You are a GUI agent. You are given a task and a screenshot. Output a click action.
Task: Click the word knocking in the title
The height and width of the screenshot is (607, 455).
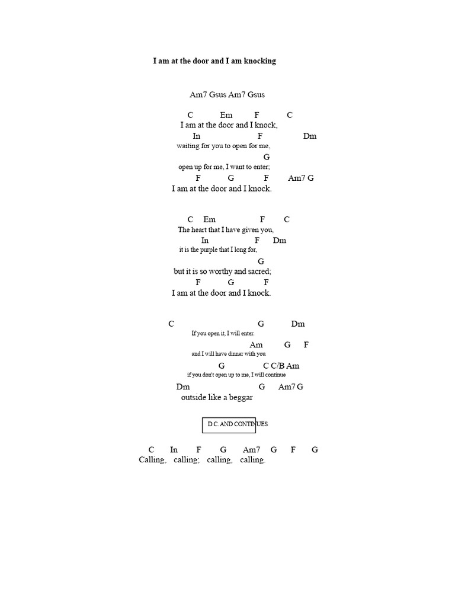(260, 61)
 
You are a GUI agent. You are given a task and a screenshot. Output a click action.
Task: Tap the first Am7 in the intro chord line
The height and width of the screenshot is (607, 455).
(198, 94)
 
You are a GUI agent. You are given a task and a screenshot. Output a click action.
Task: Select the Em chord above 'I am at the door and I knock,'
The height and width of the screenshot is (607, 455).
(226, 115)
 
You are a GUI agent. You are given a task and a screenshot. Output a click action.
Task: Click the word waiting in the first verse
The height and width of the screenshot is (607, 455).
(188, 146)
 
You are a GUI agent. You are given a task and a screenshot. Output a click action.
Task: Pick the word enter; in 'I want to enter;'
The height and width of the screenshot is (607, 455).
(261, 167)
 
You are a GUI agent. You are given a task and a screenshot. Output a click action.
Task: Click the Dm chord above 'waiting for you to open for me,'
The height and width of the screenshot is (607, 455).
(310, 136)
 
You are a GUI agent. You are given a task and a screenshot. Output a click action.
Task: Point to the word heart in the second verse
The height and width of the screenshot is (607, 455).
(199, 229)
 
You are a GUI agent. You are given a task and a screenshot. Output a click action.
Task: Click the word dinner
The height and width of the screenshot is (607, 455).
(236, 353)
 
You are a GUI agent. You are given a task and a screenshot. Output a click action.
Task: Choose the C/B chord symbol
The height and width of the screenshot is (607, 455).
(277, 366)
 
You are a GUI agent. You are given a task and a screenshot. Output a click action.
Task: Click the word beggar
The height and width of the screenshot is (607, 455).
(241, 398)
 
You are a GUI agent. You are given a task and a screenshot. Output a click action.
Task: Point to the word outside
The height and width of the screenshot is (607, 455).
(194, 398)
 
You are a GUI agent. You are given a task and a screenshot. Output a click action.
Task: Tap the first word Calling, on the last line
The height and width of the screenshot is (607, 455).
(152, 460)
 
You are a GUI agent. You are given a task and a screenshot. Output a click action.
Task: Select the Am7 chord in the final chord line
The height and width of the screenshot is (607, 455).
(251, 450)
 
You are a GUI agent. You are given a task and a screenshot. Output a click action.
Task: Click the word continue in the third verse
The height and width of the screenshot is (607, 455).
(275, 375)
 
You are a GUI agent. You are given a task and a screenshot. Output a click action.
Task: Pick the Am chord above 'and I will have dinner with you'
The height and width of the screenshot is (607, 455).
(256, 345)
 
